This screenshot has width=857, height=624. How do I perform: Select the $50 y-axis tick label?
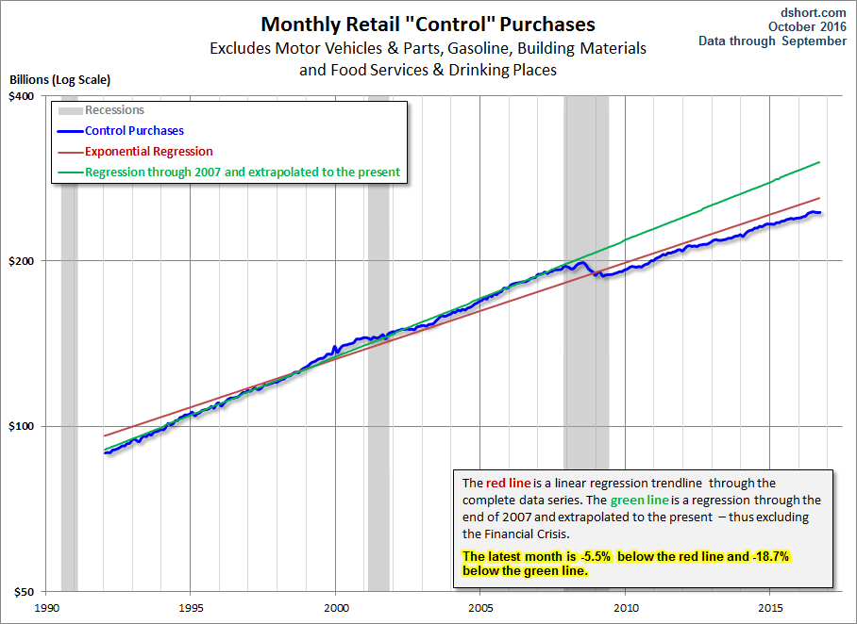(22, 592)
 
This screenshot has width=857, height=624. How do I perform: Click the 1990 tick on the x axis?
(46, 609)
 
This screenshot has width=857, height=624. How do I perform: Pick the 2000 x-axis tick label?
(336, 609)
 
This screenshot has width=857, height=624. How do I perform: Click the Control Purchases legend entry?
(134, 131)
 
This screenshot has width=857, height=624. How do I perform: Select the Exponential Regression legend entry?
(148, 152)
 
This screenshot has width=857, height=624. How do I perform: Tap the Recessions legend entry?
(114, 110)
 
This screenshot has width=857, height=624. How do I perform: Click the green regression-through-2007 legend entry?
(243, 172)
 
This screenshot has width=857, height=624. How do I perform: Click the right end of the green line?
(819, 162)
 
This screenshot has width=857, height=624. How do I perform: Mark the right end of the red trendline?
(819, 198)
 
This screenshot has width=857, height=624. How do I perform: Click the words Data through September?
(772, 41)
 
